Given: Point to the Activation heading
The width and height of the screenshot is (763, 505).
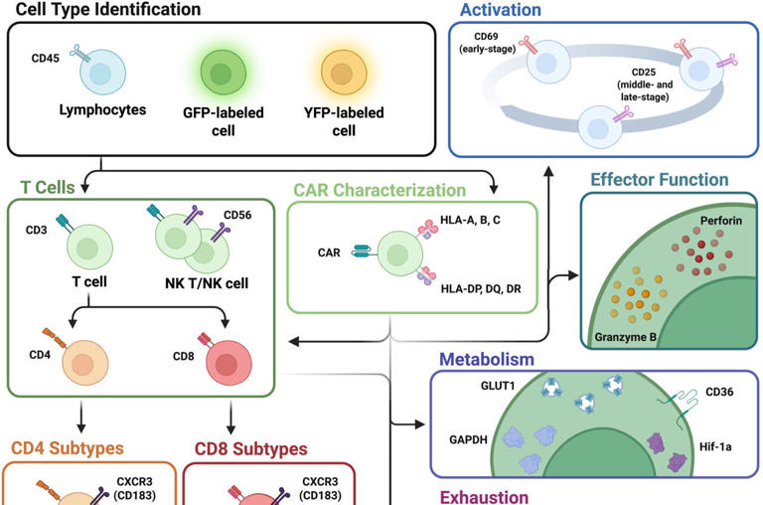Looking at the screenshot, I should (x=500, y=10).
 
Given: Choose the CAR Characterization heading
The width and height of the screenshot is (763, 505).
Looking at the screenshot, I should (x=379, y=189).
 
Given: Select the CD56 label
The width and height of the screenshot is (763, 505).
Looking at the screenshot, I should (x=237, y=214).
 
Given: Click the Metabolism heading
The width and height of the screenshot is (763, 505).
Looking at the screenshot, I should (x=486, y=358).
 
